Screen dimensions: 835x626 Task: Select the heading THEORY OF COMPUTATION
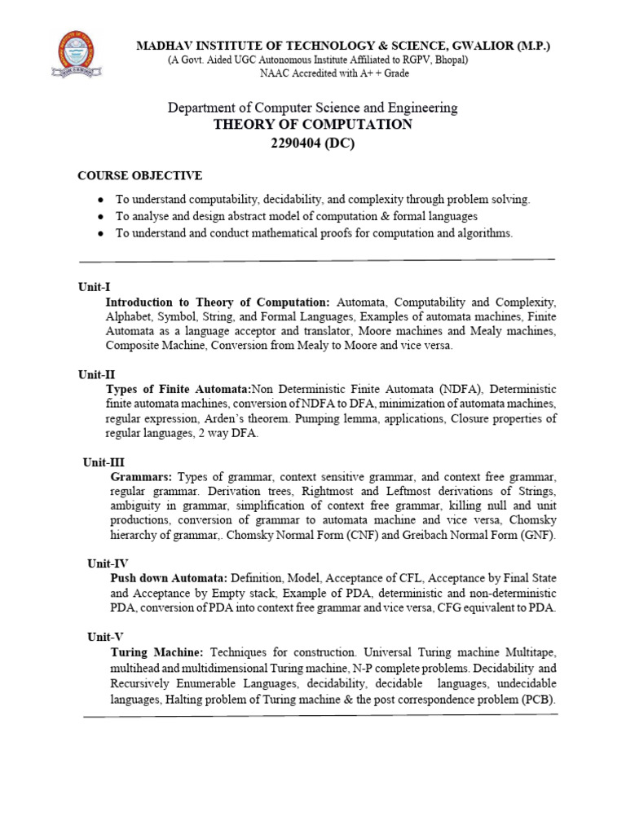pos(312,125)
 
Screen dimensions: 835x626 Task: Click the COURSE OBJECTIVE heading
pos(139,175)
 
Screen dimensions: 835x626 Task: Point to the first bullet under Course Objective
pos(99,200)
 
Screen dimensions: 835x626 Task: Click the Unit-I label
pos(93,287)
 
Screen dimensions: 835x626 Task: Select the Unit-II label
pos(96,374)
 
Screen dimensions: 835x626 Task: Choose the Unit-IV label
pos(106,563)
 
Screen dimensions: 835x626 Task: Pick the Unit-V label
pos(105,636)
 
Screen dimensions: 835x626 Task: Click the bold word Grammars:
pos(141,476)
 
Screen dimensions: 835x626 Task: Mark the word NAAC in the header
pos(275,74)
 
